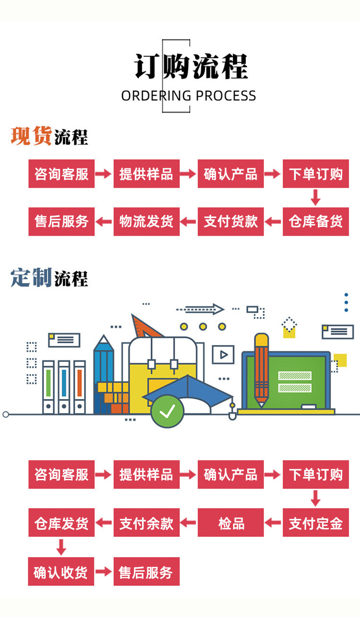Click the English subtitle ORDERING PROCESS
click(x=188, y=96)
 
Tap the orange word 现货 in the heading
click(x=31, y=135)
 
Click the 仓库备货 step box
click(x=316, y=221)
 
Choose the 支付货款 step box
click(x=231, y=221)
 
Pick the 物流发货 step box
click(x=147, y=221)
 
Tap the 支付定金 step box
click(x=316, y=523)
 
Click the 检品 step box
click(x=231, y=523)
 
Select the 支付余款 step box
click(x=147, y=523)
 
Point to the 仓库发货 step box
click(x=61, y=523)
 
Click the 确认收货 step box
click(x=61, y=571)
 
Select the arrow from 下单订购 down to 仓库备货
click(x=316, y=198)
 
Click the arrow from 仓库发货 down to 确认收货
click(x=61, y=547)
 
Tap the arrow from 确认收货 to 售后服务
click(x=104, y=571)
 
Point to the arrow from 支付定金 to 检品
click(x=273, y=523)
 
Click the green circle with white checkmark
click(x=167, y=411)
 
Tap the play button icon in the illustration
click(x=223, y=355)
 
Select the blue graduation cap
click(x=188, y=391)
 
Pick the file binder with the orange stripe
click(x=80, y=387)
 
